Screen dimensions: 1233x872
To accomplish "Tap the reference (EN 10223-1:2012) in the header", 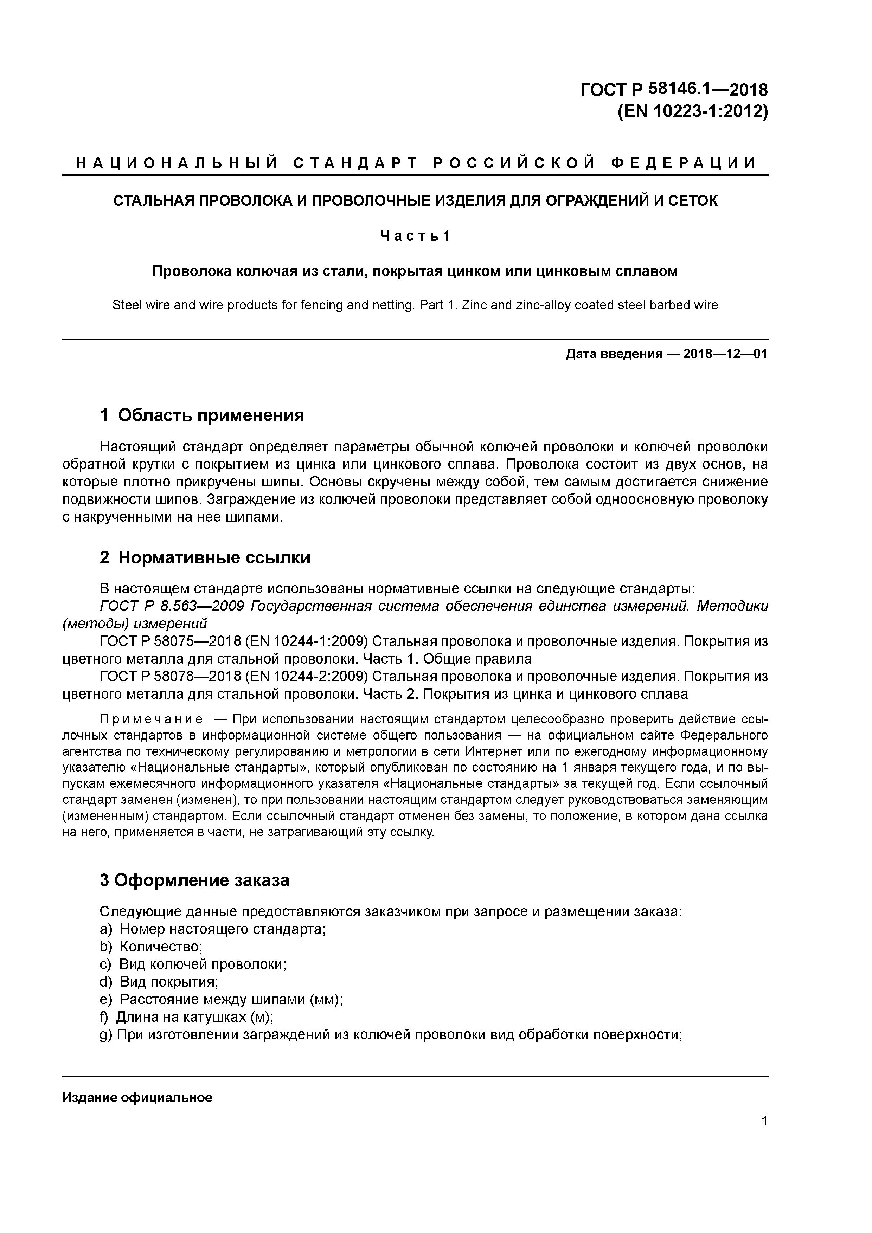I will tap(693, 112).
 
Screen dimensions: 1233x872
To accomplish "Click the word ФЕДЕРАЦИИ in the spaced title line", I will tap(684, 163).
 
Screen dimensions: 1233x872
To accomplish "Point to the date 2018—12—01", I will tap(725, 354).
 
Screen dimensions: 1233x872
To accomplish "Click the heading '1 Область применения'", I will tap(202, 415).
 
